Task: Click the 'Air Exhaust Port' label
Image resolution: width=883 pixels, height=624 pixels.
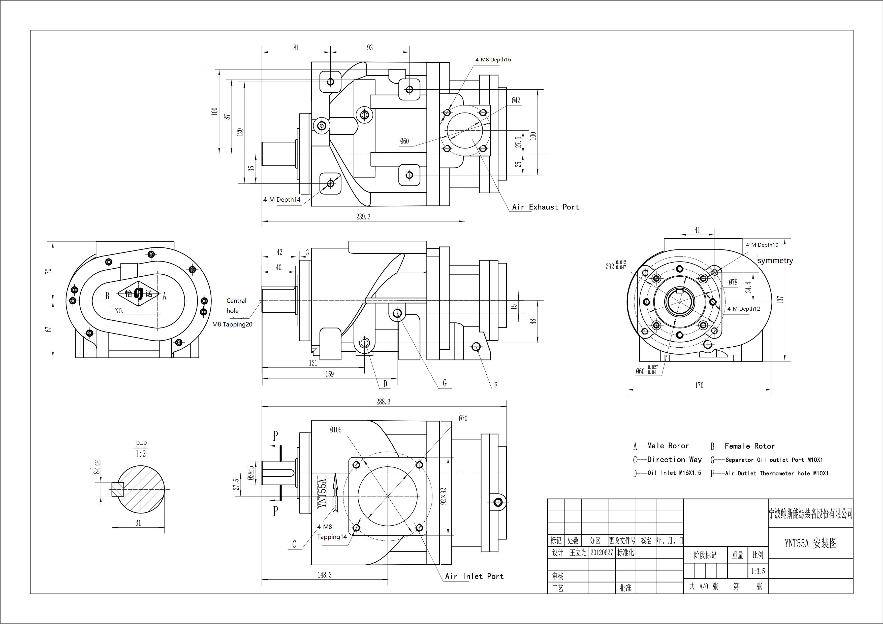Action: (x=545, y=207)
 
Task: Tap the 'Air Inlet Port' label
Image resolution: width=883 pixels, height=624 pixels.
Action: (x=474, y=576)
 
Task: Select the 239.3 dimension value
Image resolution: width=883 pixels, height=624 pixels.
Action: (x=363, y=217)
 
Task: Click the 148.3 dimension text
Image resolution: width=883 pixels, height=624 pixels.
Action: (x=325, y=575)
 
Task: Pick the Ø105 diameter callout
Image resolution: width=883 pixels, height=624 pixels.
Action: (x=335, y=430)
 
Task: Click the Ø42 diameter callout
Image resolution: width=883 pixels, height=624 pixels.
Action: (x=516, y=101)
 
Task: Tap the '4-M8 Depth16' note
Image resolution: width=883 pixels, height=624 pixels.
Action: (x=493, y=60)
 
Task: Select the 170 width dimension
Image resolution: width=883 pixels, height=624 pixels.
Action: (x=699, y=385)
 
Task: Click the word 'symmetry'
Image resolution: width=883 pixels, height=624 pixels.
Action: (x=775, y=261)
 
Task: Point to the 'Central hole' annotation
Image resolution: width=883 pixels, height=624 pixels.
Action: (x=236, y=306)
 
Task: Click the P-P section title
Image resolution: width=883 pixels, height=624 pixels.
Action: (x=141, y=445)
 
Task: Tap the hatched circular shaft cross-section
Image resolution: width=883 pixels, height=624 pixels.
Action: (x=141, y=490)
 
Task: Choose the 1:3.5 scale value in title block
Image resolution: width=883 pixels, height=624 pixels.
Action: (x=758, y=571)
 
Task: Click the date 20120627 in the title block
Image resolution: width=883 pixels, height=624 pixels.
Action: (x=602, y=553)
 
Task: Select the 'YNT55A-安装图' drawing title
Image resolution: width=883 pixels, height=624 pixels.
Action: (x=810, y=543)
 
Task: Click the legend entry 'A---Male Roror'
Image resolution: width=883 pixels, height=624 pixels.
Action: (x=661, y=446)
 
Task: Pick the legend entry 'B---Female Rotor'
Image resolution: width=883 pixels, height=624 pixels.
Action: (x=742, y=446)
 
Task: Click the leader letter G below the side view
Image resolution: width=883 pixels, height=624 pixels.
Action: (x=445, y=383)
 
